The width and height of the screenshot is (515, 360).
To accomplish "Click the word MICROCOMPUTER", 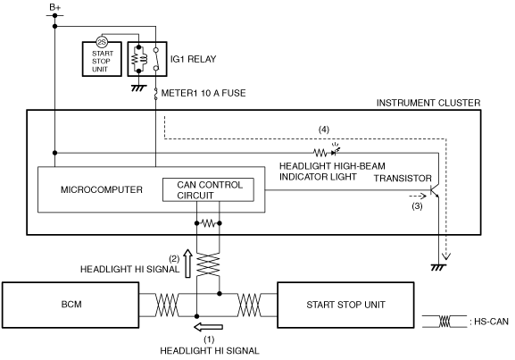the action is point(102,189).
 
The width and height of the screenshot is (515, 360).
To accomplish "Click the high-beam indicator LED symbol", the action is point(336,150).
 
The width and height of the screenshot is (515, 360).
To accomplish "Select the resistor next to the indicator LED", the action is point(320,153).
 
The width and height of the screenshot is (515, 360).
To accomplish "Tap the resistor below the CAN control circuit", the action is point(208,223).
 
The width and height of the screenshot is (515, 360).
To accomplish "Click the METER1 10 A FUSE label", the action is point(204,94).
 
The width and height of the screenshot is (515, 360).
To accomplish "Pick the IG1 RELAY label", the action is point(193,59).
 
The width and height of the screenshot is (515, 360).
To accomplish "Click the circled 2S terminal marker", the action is point(102,42).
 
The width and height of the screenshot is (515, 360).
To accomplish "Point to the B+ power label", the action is point(54,7).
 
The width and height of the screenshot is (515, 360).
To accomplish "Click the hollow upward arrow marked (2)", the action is point(187,264).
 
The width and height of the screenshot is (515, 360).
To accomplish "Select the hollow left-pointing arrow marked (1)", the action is point(208,327).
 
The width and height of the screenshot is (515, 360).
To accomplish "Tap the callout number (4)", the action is point(324,130).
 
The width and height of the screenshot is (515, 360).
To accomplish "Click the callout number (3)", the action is point(417,206).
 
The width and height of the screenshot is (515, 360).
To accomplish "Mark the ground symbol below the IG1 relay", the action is point(138,88).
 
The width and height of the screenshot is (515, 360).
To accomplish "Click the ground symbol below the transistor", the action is point(438,267).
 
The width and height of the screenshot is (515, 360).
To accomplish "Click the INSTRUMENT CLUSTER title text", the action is point(428,104).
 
